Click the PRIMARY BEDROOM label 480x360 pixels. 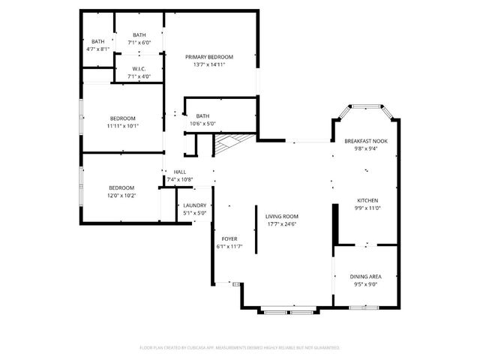coord(209,57)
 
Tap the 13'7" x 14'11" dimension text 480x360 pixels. coord(209,64)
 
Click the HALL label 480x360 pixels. coord(179,172)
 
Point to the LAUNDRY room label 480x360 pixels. coord(195,205)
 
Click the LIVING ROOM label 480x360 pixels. coord(281,217)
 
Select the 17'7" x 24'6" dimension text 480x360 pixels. coord(281,224)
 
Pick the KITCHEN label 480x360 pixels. coord(367,200)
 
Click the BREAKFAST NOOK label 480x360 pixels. coord(366,141)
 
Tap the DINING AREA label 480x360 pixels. coord(365,277)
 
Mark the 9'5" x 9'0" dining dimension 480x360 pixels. coord(365,284)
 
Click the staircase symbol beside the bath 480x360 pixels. coord(230,141)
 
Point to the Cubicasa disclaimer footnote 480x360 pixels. coord(240,347)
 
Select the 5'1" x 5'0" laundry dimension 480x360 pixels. coord(195,213)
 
